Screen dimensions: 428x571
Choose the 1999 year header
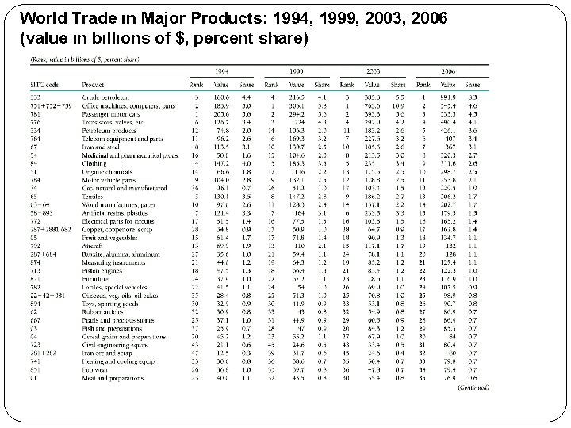pyautogui.click(x=296, y=71)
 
